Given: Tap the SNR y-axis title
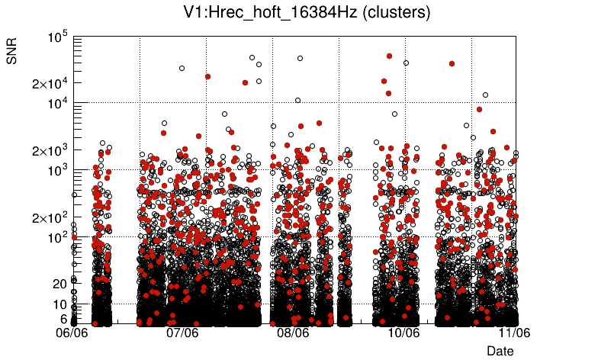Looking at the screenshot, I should click(13, 50).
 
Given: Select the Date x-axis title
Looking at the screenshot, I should click(500, 351).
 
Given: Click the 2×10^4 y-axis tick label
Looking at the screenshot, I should click(50, 84).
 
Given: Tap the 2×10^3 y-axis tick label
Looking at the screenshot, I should click(50, 150).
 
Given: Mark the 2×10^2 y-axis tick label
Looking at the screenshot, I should click(50, 217).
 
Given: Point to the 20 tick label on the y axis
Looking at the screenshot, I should click(60, 284).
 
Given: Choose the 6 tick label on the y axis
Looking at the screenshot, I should click(64, 319).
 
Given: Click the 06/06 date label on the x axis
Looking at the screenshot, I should click(72, 333).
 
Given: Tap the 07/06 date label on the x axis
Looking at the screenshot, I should click(183, 333).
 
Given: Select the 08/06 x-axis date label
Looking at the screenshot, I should click(294, 333).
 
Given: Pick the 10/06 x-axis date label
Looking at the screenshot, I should click(404, 333).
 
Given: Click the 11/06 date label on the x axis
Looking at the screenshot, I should click(514, 333).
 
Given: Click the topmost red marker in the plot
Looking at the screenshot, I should click(389, 56).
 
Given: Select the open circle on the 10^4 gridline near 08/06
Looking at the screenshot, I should click(297, 100).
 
